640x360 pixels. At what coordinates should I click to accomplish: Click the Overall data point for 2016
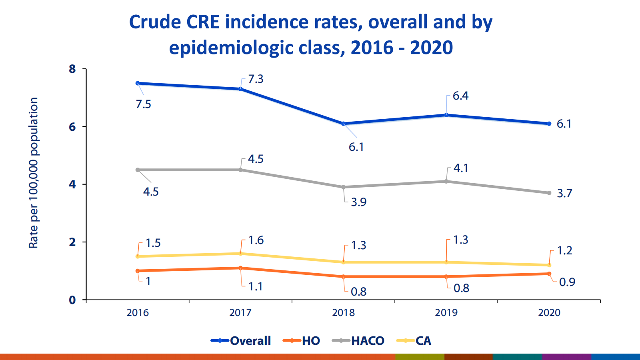point(138,83)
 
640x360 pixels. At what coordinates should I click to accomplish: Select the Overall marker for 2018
point(344,124)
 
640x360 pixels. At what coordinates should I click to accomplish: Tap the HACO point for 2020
point(549,193)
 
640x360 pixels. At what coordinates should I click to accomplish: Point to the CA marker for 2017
point(240,254)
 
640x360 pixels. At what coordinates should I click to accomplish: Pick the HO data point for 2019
point(446,276)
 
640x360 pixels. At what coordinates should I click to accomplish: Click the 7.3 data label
point(256,79)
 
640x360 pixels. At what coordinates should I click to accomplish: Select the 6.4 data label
point(460,96)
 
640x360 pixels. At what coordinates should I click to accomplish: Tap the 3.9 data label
point(358,202)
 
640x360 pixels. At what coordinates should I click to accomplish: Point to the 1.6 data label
point(256,240)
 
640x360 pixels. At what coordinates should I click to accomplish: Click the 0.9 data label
point(567,282)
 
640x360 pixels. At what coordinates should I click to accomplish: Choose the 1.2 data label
point(564,251)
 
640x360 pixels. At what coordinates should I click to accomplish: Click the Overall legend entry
point(241,341)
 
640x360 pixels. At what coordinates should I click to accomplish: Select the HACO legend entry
point(358,341)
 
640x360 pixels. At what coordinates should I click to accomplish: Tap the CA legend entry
point(414,341)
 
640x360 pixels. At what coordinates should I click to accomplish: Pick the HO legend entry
point(302,341)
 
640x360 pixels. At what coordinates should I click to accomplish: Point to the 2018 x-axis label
point(343,312)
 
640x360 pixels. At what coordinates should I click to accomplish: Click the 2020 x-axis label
point(549,312)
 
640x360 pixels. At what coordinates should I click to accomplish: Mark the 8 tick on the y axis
point(72,69)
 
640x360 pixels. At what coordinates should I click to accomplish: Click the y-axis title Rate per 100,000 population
point(34,173)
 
